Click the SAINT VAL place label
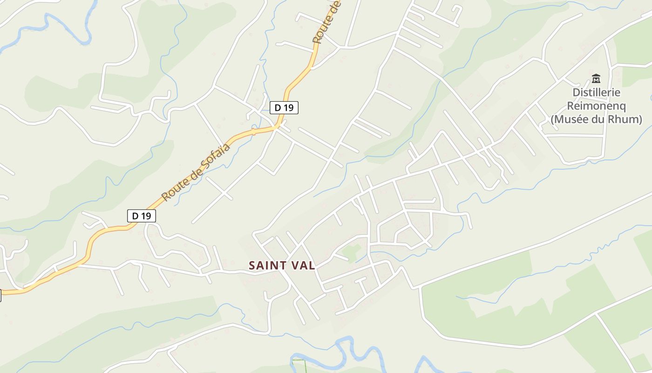(282, 266)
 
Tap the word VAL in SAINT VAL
(304, 266)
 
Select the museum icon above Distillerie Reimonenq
(596, 78)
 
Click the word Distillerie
(596, 92)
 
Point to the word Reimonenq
(596, 106)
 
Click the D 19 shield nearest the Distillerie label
(284, 108)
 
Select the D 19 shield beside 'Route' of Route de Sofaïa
(141, 216)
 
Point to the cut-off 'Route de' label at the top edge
(327, 22)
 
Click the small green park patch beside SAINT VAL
(352, 252)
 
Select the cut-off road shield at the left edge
(0, 295)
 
